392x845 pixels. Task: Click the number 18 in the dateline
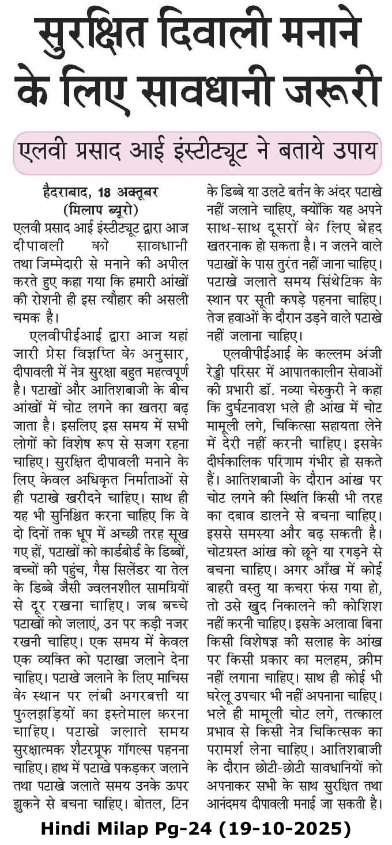[105, 191]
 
